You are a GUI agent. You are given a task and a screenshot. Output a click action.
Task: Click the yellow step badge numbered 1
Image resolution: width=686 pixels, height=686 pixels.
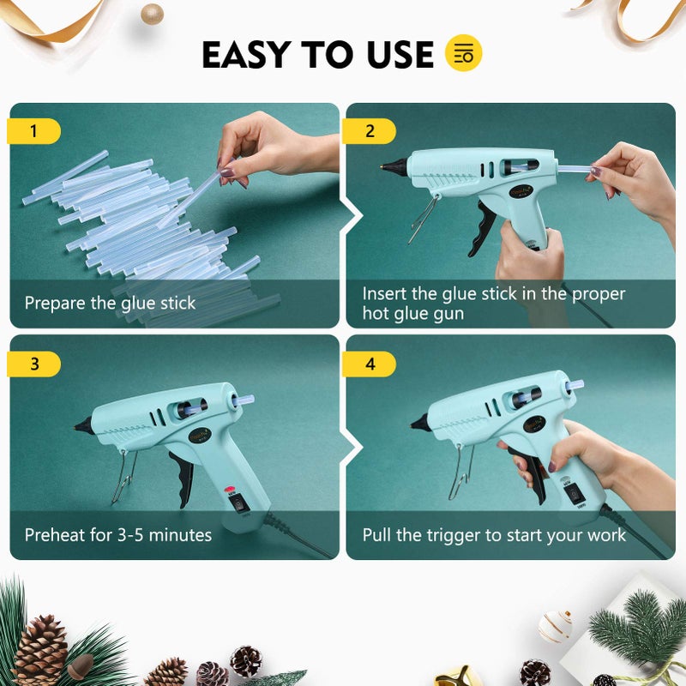coord(33,131)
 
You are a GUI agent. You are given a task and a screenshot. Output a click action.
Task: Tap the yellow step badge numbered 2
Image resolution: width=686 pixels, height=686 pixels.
coord(370,131)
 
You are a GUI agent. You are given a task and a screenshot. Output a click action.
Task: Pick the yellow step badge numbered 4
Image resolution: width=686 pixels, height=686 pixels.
coord(370,364)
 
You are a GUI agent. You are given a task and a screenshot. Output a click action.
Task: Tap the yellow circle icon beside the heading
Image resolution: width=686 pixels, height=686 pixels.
coord(464,53)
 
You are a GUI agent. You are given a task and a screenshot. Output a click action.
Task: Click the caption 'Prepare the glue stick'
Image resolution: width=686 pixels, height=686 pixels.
coord(110,303)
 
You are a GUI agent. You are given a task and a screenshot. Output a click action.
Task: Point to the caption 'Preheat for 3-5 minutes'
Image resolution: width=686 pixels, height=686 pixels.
coord(117,535)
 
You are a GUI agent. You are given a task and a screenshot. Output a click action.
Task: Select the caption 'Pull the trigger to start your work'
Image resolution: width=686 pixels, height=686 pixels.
coord(494,535)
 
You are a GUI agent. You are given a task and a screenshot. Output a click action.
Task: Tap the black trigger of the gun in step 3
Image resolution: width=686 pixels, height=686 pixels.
coord(182,476)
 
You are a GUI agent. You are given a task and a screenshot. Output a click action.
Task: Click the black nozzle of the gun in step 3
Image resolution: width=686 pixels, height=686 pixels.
coord(83,424)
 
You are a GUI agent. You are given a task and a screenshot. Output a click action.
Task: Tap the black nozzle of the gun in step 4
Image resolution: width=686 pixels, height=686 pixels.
coord(419,422)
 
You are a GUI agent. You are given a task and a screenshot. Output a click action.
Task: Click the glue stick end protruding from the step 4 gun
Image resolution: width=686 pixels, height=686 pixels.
coord(575,385)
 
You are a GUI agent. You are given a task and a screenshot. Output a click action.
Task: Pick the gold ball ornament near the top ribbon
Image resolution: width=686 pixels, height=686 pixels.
coord(152,13)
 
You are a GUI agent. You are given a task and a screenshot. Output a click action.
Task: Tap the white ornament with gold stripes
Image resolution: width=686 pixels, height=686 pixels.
coord(555,626)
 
